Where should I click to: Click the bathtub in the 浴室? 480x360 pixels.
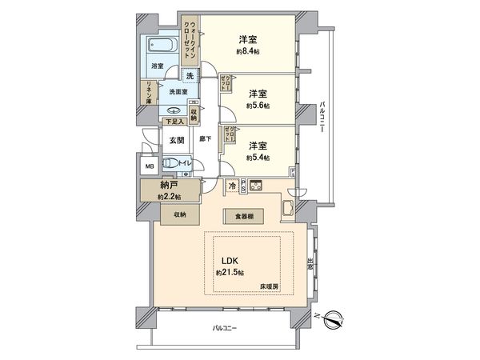coord(162,48)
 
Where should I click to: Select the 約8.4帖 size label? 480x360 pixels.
coord(246,52)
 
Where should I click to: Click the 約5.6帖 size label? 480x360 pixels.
coord(256,104)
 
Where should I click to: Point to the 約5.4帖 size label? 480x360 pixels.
coord(256,158)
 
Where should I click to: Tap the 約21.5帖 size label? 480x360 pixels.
coord(230,273)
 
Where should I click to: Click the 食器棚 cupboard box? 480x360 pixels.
coord(246,215)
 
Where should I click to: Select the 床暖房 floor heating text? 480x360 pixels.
coord(269,286)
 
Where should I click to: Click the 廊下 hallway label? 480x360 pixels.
coord(205,139)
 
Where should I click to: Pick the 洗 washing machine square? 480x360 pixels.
coord(190,76)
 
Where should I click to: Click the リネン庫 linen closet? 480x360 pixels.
coord(149,94)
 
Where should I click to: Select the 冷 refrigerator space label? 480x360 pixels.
coord(233,186)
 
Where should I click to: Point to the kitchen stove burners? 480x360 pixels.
coord(257,188)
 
